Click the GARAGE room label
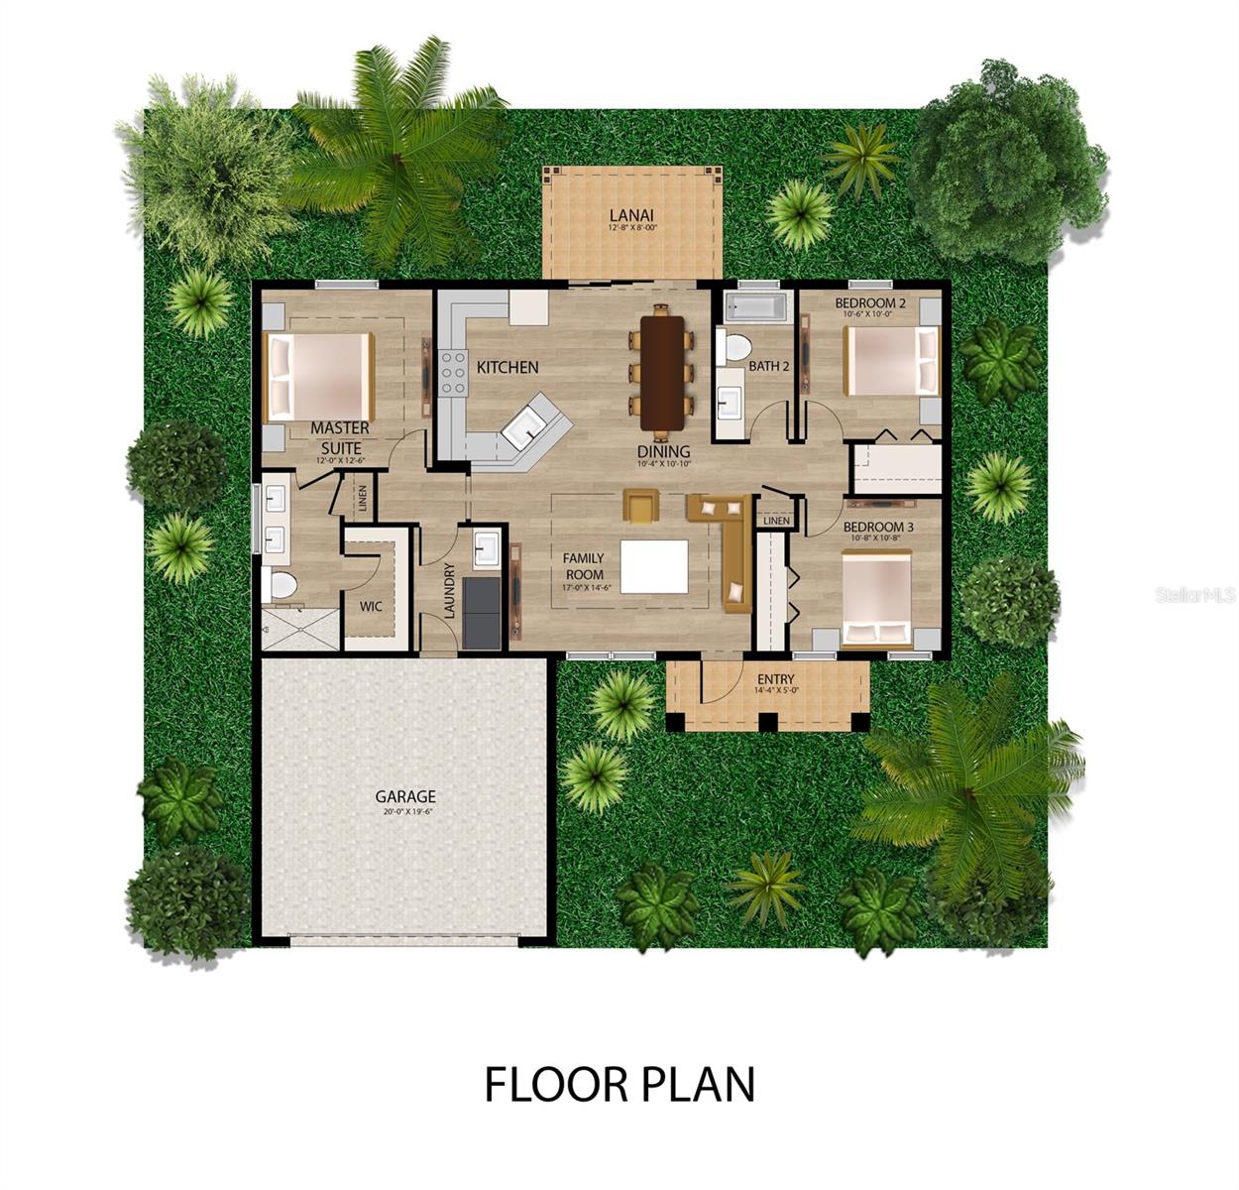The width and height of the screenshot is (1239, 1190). [x=404, y=796]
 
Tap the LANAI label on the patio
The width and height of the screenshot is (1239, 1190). [x=631, y=214]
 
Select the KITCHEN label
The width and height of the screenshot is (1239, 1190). [x=507, y=367]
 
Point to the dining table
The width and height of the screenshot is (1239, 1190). [x=660, y=372]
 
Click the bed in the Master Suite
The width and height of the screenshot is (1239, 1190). [x=320, y=377]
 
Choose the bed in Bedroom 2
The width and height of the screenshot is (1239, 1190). [x=890, y=361]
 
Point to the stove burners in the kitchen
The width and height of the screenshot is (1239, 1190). [x=453, y=374]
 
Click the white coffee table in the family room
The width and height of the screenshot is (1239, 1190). [x=654, y=566]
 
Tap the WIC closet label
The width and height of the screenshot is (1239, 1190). [x=371, y=606]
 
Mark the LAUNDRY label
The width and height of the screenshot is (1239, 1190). [x=450, y=590]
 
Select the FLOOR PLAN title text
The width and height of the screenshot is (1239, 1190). [x=619, y=1084]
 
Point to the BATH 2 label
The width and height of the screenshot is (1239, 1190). [x=769, y=366]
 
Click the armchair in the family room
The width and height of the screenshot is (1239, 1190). [x=640, y=505]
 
